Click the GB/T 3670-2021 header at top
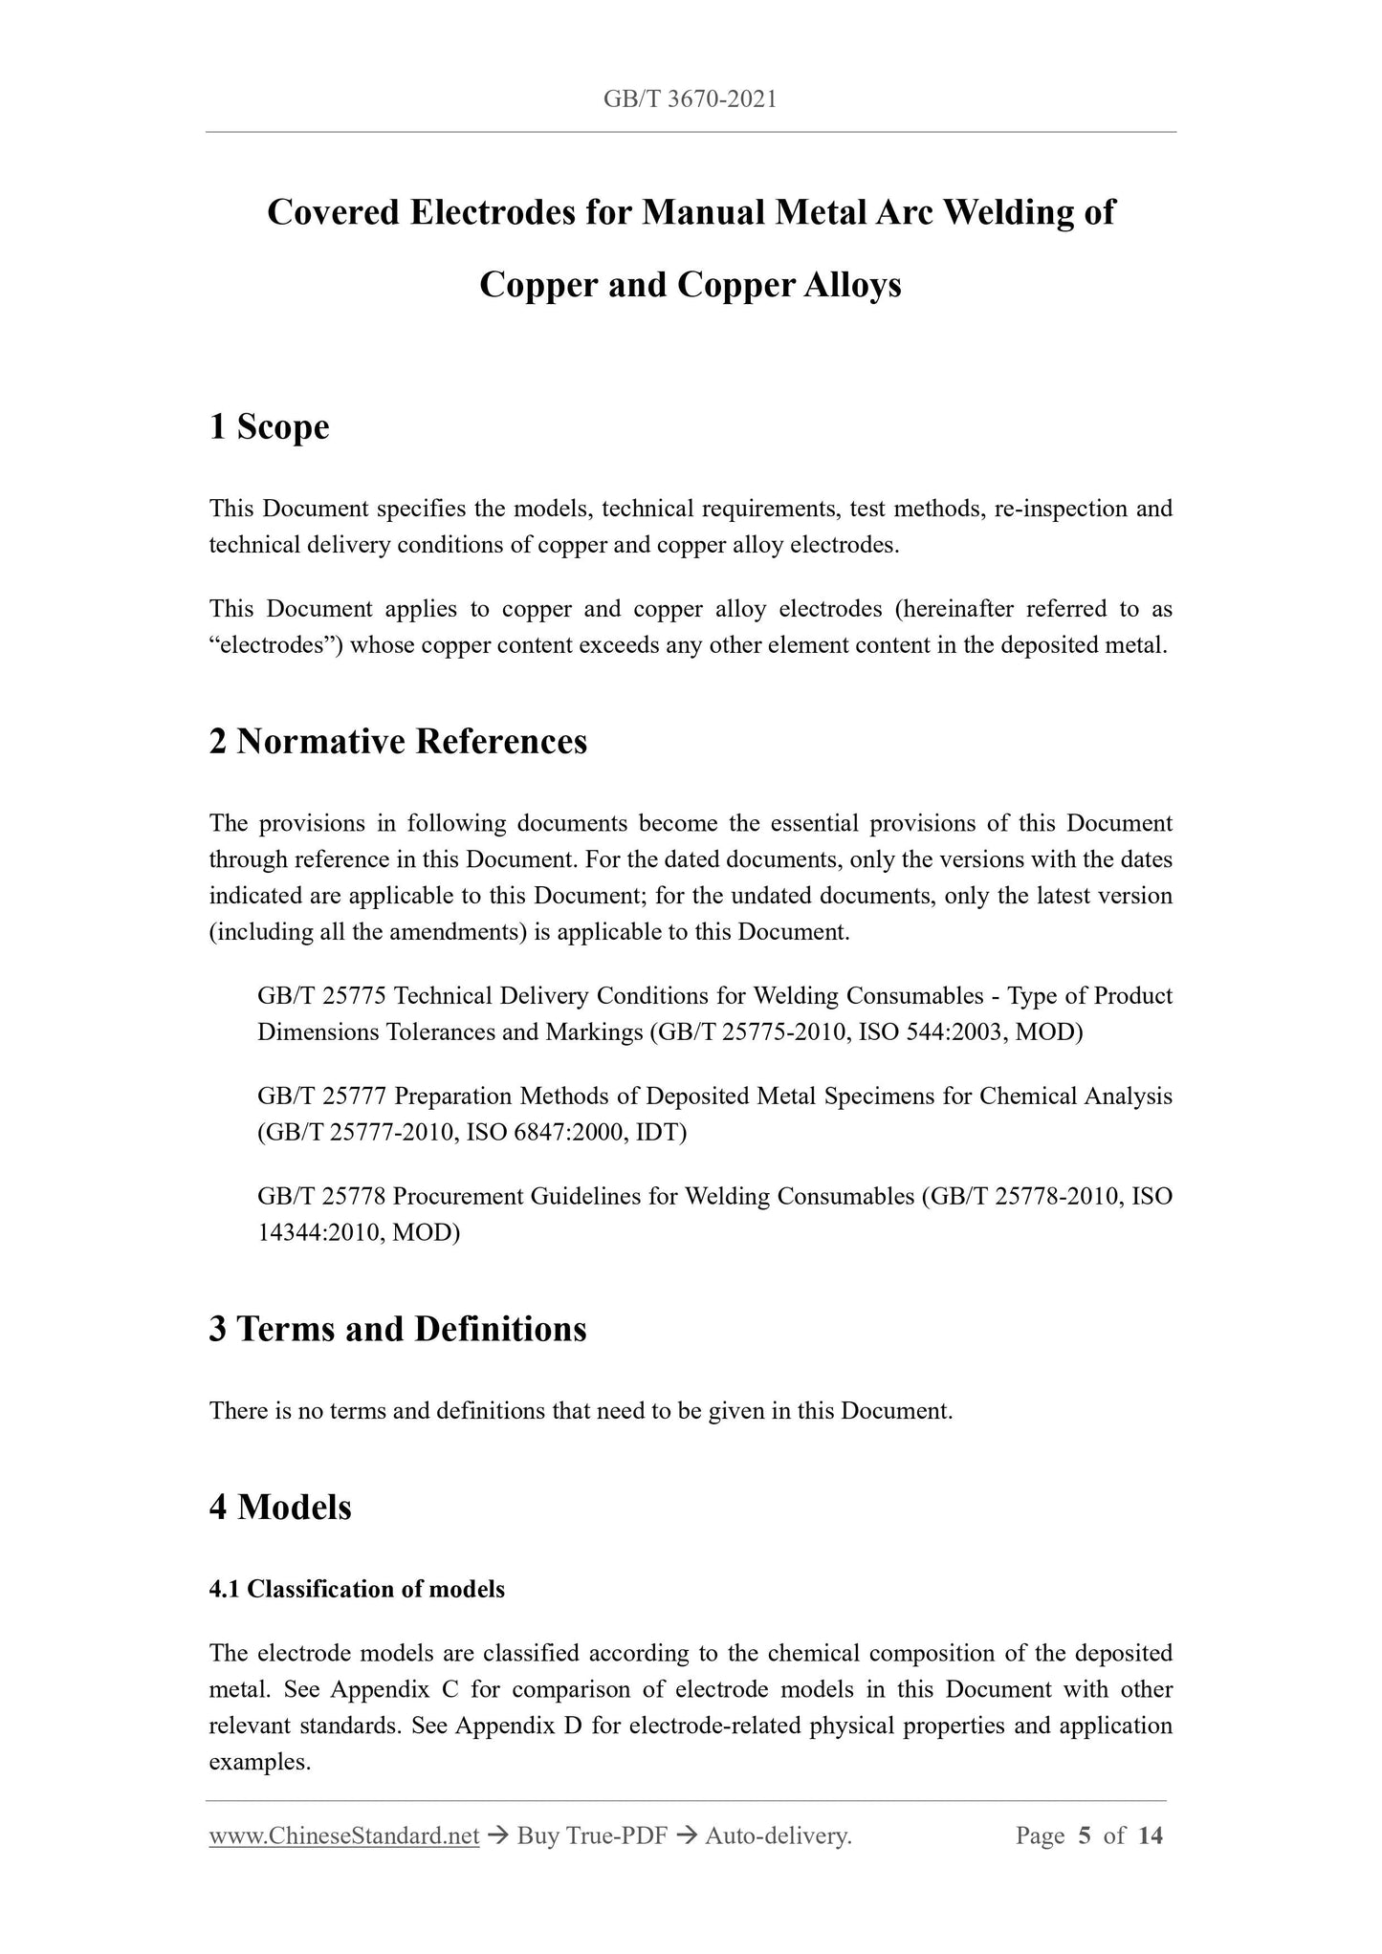pyautogui.click(x=690, y=98)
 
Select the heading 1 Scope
pyautogui.click(x=269, y=426)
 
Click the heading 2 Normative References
pyautogui.click(x=398, y=741)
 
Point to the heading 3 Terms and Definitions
pyautogui.click(x=398, y=1329)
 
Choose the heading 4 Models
pyautogui.click(x=280, y=1507)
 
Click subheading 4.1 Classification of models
pyautogui.click(x=357, y=1589)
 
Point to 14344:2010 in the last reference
pyautogui.click(x=318, y=1233)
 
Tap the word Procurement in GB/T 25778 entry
pyautogui.click(x=457, y=1197)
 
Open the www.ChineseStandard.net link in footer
pyautogui.click(x=344, y=1835)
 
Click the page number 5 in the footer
pyautogui.click(x=1084, y=1835)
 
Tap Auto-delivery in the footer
pyautogui.click(x=777, y=1835)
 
